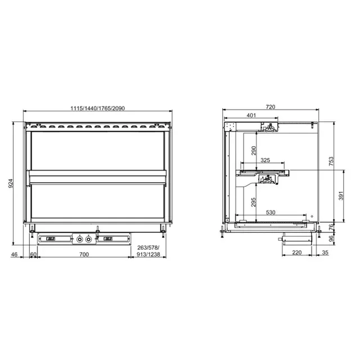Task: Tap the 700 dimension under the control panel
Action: pyautogui.click(x=84, y=255)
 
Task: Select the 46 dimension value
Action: pyautogui.click(x=15, y=255)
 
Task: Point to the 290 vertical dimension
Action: pyautogui.click(x=254, y=151)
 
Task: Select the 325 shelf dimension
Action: pyautogui.click(x=265, y=160)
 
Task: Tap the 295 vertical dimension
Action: pyautogui.click(x=254, y=201)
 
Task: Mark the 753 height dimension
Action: pyautogui.click(x=331, y=162)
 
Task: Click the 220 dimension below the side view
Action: pyautogui.click(x=297, y=254)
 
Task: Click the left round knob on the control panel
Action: pyautogui.click(x=80, y=239)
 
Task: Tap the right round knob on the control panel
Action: pyautogui.click(x=88, y=239)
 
